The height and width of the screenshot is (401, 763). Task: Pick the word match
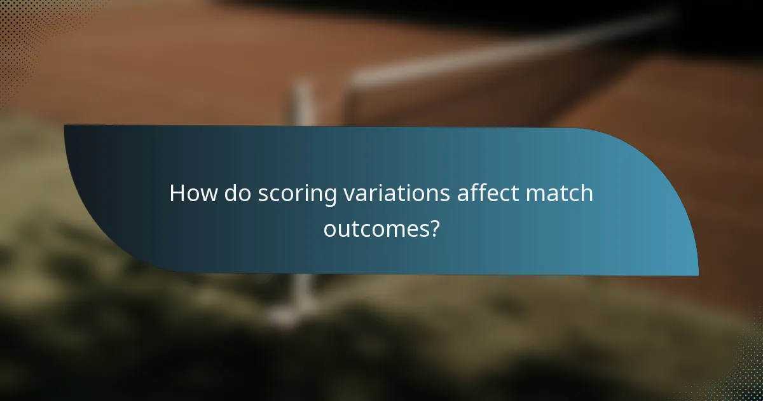pyautogui.click(x=560, y=193)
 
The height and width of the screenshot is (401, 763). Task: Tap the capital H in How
pyautogui.click(x=177, y=193)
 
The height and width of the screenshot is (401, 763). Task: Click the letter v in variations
pyautogui.click(x=348, y=195)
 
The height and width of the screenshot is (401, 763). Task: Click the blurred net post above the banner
pyautogui.click(x=304, y=102)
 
